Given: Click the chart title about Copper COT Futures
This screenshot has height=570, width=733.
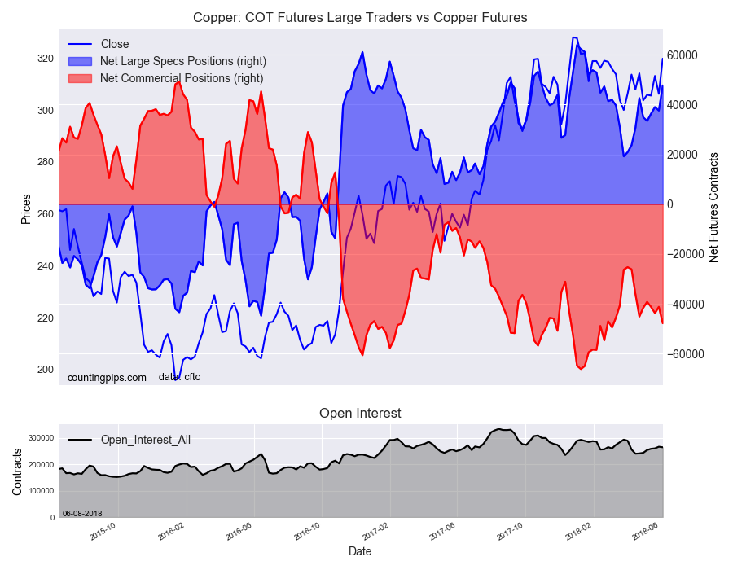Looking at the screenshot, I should point(360,17).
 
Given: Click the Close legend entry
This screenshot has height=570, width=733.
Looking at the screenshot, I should point(114,44).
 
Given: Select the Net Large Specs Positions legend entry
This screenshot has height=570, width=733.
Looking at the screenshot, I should point(182,61).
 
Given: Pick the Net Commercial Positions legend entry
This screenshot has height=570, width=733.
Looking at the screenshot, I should point(181,78).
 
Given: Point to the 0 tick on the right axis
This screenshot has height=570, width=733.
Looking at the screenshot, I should point(672,204).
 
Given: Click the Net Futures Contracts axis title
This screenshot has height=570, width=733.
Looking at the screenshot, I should point(714,207).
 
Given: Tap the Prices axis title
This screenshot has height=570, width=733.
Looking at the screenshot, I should point(26,209).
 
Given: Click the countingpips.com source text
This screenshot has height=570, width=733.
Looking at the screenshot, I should point(107,378).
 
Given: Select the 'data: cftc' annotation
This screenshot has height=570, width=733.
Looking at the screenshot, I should point(179,377).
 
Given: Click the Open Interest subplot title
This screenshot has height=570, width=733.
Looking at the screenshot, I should point(360,414).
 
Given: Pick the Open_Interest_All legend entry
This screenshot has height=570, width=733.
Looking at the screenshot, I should point(145,440).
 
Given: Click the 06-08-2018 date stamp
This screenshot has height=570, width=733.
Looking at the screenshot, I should point(82,513).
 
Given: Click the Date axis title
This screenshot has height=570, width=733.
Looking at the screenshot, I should point(360,551).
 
